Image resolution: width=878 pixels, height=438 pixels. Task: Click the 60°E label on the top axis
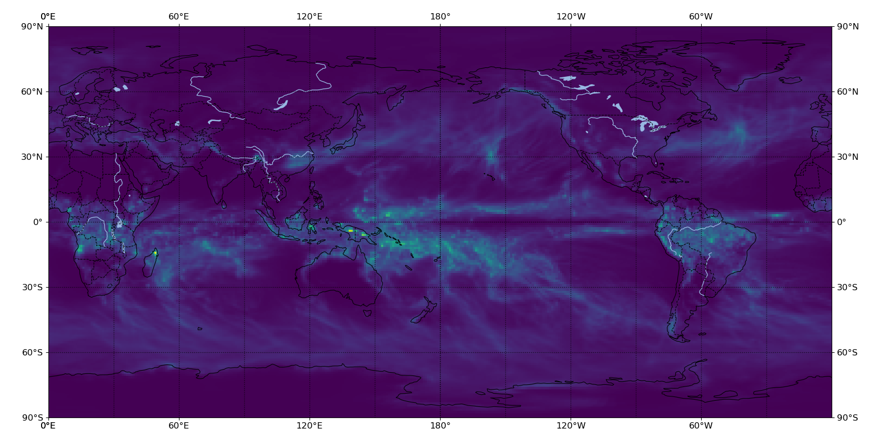178,16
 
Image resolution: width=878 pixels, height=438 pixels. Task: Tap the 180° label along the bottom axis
440,425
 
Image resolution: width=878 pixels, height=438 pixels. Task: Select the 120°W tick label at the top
571,16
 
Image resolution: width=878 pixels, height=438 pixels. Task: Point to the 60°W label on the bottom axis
701,425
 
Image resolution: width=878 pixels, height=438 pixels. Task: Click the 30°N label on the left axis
32,157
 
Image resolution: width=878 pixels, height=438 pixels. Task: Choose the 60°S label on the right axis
847,352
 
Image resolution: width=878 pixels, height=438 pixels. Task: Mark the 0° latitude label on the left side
38,222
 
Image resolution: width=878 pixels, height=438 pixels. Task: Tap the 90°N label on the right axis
847,26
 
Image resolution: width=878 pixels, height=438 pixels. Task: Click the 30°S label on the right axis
847,287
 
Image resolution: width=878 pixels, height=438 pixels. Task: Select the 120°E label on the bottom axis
310,425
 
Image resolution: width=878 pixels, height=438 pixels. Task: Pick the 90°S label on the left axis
32,417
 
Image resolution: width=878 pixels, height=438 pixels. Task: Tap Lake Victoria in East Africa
119,224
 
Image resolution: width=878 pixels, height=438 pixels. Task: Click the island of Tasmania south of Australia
367,313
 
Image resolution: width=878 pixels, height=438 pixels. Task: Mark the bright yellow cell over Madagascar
155,253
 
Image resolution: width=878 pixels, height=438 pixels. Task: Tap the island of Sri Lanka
224,205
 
